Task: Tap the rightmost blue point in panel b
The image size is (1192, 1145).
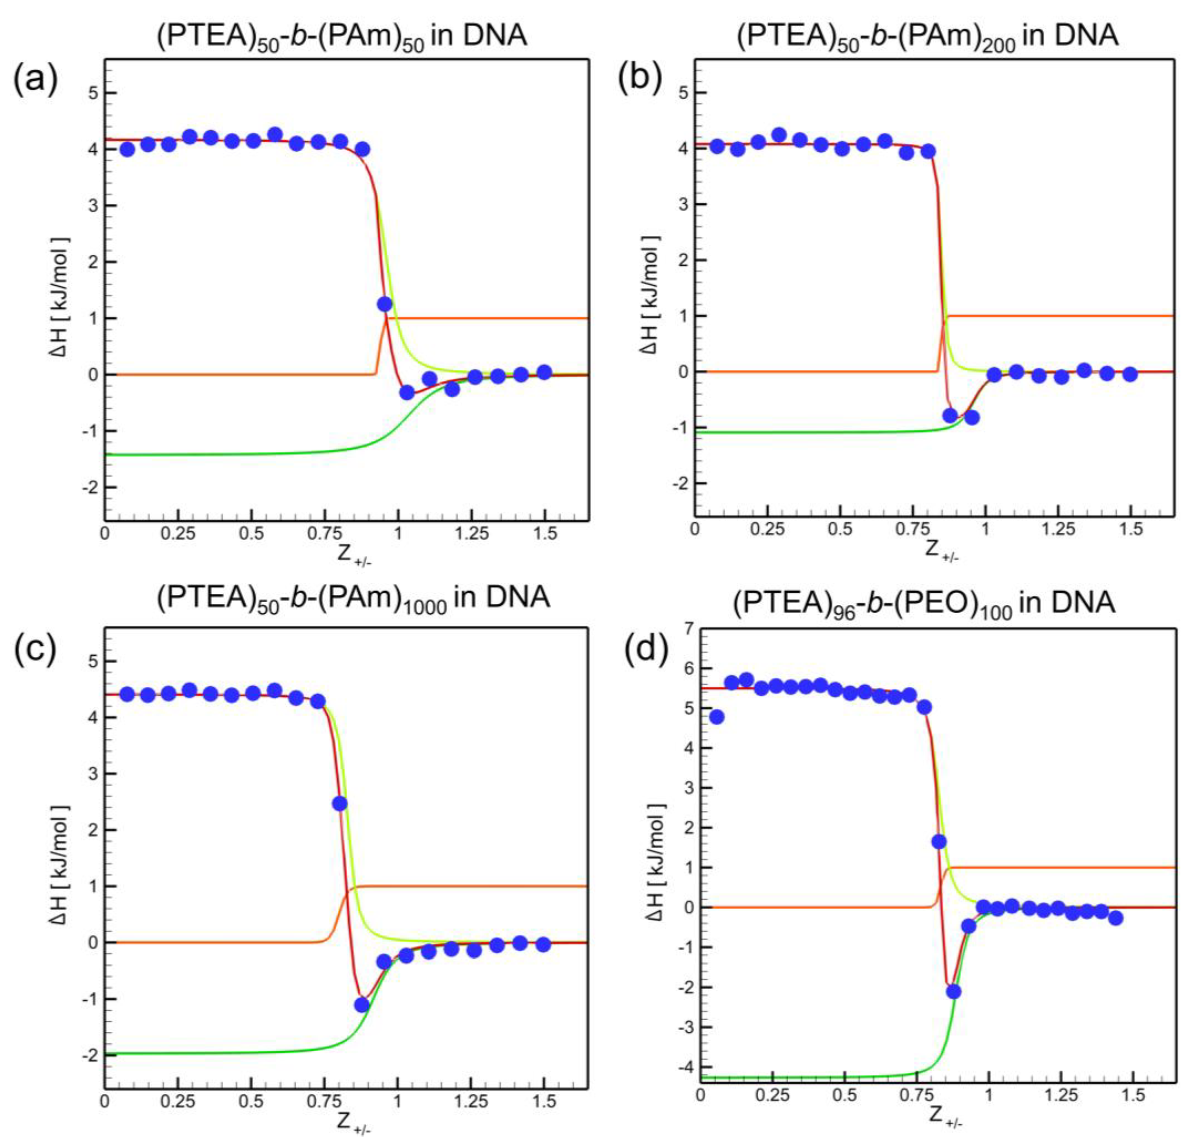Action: click(1129, 375)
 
